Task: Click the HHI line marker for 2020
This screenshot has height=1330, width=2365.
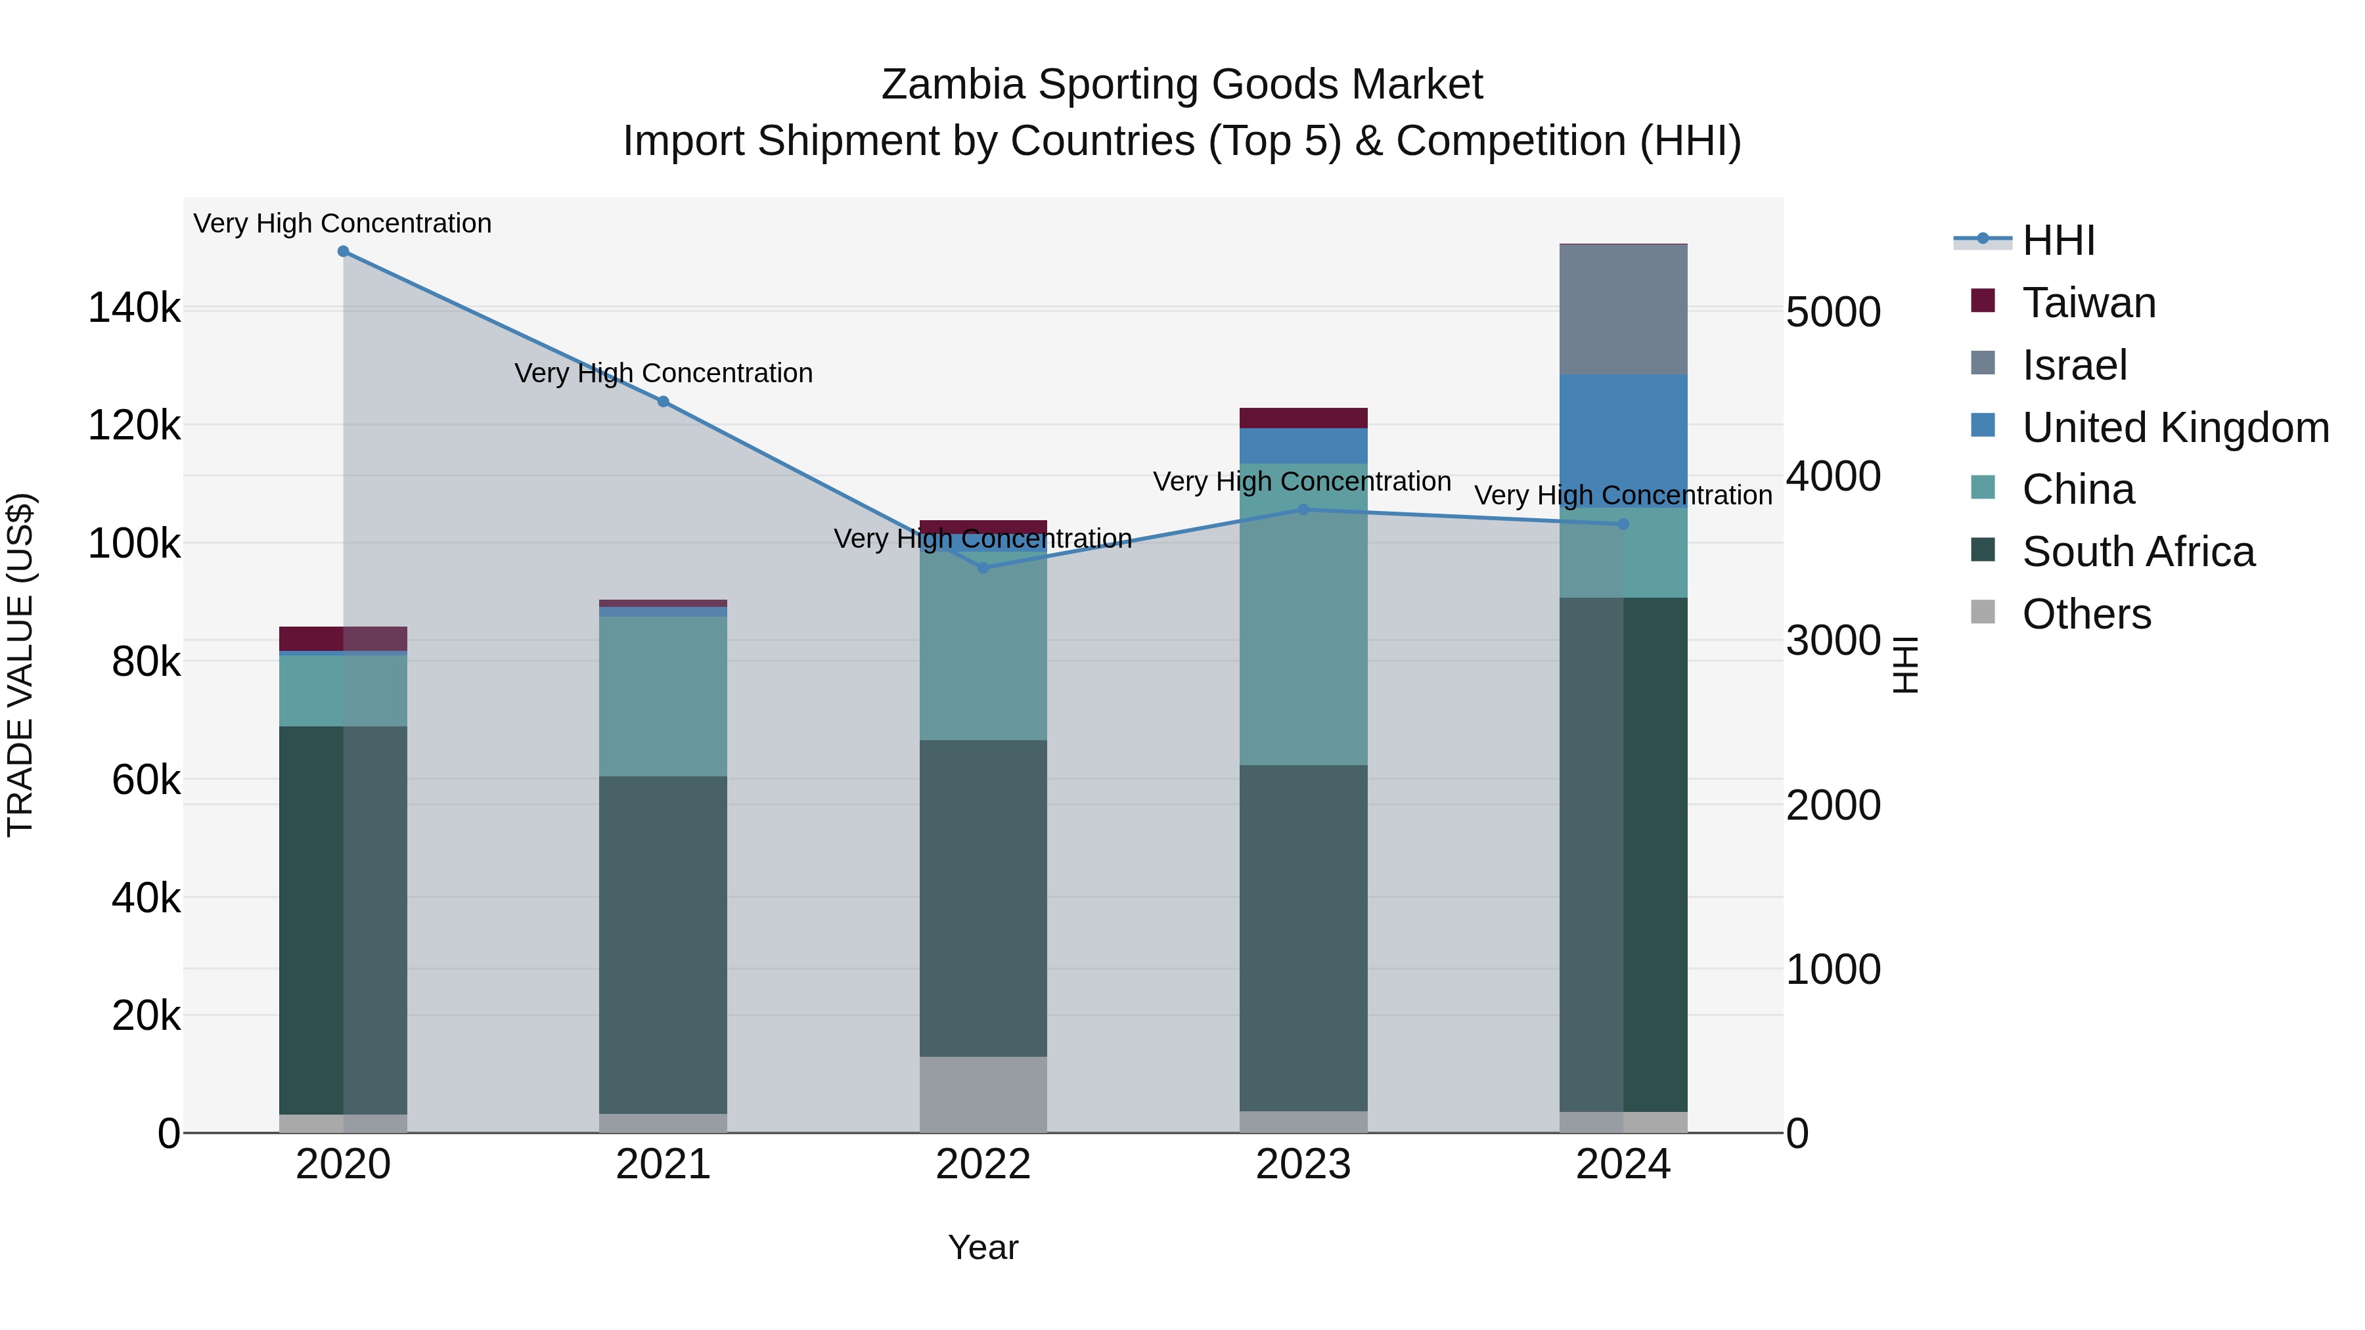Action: point(344,252)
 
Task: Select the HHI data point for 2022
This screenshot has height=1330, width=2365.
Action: point(983,568)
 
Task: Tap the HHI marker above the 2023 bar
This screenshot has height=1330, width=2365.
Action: point(1303,510)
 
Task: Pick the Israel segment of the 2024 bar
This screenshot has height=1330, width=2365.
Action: point(1623,309)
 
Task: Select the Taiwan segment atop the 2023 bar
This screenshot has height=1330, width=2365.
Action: point(1303,418)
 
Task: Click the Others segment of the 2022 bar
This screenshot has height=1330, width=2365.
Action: point(983,1094)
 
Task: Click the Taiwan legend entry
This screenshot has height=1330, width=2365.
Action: point(2088,303)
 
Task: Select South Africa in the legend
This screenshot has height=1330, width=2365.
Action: point(2137,552)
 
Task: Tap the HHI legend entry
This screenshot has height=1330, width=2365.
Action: point(2058,240)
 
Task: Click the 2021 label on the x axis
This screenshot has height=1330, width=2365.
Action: point(663,1164)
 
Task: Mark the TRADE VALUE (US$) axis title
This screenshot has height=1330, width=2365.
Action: point(20,665)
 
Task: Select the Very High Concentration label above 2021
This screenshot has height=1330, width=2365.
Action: point(663,374)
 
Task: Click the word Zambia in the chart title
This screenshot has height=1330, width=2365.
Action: point(952,85)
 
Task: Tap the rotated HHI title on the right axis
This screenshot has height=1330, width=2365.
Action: point(1906,665)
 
